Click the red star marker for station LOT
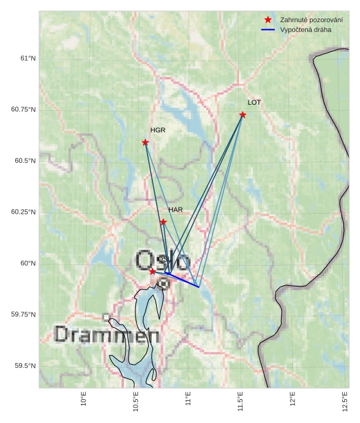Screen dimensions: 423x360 click(x=243, y=114)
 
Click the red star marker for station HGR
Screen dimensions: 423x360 click(x=145, y=142)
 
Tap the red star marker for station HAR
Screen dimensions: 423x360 click(x=163, y=222)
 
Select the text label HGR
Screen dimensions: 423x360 click(x=158, y=130)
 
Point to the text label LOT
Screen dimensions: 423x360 click(x=254, y=103)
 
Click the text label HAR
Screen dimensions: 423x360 click(x=176, y=210)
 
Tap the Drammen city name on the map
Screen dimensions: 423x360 click(x=107, y=335)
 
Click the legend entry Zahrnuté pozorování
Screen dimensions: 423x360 click(x=302, y=20)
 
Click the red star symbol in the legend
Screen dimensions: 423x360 click(x=268, y=20)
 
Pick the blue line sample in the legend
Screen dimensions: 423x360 click(x=268, y=29)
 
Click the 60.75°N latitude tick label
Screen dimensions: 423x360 click(x=24, y=110)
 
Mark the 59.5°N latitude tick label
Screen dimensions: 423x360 click(x=24, y=366)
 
